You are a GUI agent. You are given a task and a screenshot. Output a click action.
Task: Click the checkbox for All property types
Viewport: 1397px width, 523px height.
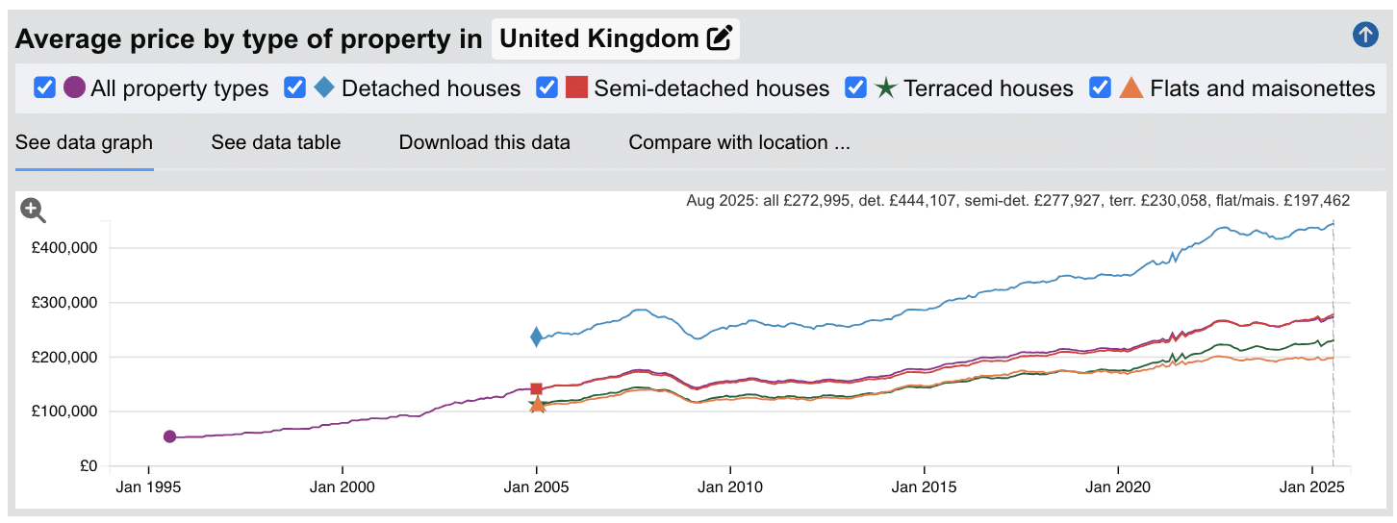point(44,87)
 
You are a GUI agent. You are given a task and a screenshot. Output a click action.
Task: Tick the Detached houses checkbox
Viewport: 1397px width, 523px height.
point(295,87)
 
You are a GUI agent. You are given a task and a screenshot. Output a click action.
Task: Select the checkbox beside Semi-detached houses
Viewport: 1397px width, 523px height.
point(546,87)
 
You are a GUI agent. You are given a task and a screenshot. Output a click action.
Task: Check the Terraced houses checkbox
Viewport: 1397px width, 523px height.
point(855,87)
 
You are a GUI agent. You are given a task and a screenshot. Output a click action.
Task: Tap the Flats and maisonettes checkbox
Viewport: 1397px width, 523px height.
point(1101,87)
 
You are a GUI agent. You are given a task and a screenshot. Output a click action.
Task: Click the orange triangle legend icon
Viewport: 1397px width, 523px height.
point(1131,87)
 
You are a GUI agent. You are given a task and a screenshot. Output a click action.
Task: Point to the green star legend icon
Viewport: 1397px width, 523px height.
point(885,87)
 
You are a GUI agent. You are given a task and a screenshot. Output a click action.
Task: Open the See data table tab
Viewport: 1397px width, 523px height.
point(276,142)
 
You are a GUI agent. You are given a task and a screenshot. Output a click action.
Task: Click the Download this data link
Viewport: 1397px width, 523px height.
point(484,142)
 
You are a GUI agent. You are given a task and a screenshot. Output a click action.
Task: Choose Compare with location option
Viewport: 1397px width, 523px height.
point(739,142)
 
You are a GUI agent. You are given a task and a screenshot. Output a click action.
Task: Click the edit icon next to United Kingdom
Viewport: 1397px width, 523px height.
point(719,38)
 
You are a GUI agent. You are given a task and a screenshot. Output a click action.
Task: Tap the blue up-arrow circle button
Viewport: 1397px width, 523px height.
point(1364,36)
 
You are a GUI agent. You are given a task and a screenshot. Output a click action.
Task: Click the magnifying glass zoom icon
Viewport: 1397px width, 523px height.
point(33,210)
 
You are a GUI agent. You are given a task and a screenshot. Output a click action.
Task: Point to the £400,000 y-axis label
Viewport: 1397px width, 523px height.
point(65,248)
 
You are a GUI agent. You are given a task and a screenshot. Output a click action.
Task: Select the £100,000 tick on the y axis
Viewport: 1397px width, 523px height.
point(65,411)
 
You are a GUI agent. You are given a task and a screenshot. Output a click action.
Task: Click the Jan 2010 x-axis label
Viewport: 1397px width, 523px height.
point(730,487)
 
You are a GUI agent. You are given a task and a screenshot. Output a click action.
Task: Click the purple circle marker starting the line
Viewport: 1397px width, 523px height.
point(169,436)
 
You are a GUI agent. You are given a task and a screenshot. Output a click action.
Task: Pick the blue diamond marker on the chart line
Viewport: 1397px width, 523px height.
point(536,336)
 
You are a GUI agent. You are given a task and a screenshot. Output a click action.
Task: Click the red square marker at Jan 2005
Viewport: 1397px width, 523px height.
point(536,389)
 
